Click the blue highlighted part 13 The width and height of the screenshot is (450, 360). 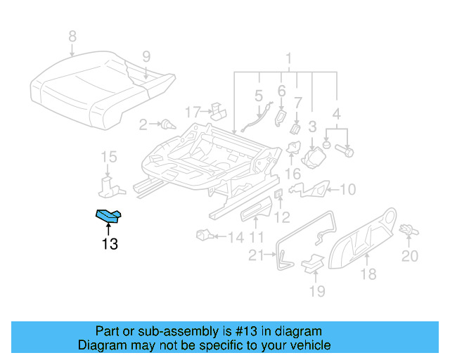pos(108,217)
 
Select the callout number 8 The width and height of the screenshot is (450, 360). pos(72,37)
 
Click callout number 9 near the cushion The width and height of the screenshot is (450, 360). pos(146,56)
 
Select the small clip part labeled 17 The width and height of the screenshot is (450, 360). pos(218,110)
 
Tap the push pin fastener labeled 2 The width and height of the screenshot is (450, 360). pos(167,125)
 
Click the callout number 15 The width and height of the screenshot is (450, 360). pos(108,156)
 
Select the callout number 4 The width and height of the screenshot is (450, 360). pos(337,113)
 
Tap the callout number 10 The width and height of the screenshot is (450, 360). pos(349,188)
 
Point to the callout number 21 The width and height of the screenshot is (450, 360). pos(257,255)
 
